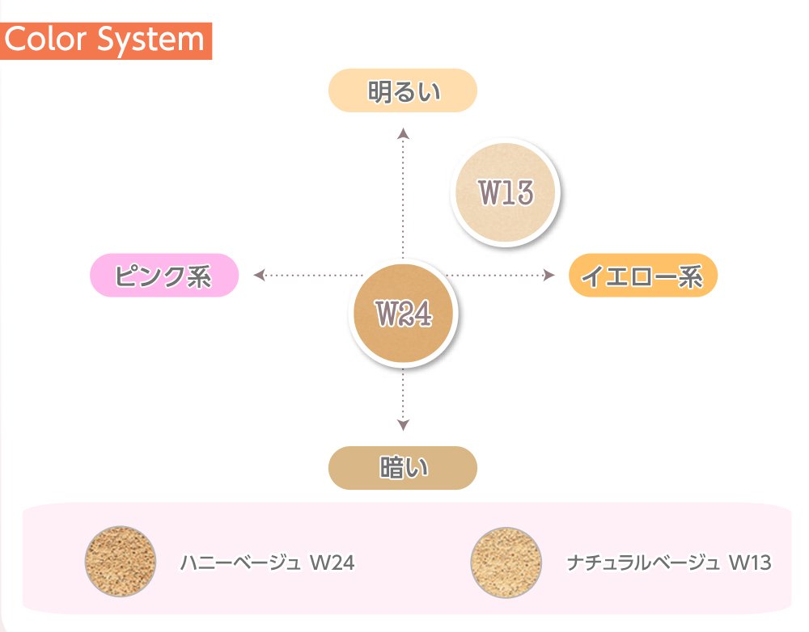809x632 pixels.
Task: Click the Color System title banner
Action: (106, 40)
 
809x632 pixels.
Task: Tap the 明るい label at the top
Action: (402, 91)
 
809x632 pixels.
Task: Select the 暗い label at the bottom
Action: (402, 468)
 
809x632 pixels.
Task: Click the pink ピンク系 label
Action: (163, 276)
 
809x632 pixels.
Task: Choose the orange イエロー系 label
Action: (642, 276)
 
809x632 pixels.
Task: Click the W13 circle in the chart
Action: (506, 192)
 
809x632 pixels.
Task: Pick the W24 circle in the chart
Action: (404, 314)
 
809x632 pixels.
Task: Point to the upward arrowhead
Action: (404, 133)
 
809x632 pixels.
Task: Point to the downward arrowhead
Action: (404, 425)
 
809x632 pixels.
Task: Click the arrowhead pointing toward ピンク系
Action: (260, 276)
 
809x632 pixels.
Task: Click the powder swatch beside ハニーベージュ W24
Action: (121, 562)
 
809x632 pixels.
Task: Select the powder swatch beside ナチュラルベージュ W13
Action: (506, 562)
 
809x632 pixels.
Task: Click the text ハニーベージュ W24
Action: (267, 562)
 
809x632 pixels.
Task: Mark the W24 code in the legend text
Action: (332, 562)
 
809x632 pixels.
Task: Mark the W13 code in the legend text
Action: (750, 562)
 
